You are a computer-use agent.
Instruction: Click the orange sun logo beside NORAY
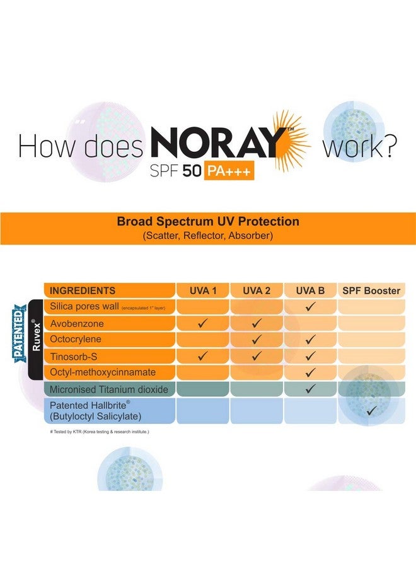pyautogui.click(x=291, y=139)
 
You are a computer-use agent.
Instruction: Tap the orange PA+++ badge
pyautogui.click(x=229, y=171)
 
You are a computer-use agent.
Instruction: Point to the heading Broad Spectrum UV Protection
pyautogui.click(x=208, y=222)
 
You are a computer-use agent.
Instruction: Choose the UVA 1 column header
pyautogui.click(x=203, y=291)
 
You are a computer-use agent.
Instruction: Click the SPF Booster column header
pyautogui.click(x=371, y=291)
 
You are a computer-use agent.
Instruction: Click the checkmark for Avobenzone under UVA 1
pyautogui.click(x=203, y=324)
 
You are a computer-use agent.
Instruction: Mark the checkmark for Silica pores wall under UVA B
pyautogui.click(x=310, y=307)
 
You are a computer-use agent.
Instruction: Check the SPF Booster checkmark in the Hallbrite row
pyautogui.click(x=371, y=411)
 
